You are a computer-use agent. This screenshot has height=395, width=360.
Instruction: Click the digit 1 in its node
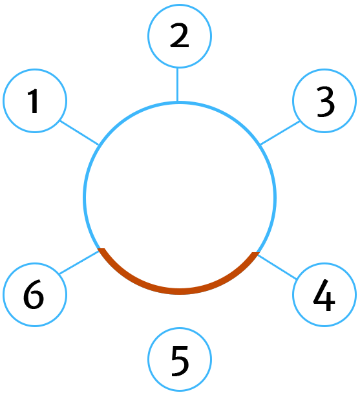coord(34,101)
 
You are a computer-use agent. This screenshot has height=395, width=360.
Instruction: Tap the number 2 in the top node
coord(180,36)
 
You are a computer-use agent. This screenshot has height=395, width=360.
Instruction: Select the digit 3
coord(326,101)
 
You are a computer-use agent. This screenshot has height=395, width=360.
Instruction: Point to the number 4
coord(324,295)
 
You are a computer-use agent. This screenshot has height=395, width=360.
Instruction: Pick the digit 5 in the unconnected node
coord(180,361)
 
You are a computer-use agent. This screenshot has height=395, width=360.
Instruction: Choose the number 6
coord(34,294)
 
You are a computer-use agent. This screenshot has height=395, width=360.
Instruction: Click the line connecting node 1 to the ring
coord(79,133)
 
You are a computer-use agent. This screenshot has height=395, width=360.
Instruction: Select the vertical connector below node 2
coord(178,85)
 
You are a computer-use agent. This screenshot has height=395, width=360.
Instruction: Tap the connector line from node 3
coord(280,133)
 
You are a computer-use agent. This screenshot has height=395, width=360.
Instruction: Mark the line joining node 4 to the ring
coord(277,267)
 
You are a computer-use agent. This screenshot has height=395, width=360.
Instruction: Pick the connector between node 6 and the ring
coord(79,262)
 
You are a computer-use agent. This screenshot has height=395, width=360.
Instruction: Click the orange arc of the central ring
coord(180,292)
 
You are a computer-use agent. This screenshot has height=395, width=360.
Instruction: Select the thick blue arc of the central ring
coord(180,103)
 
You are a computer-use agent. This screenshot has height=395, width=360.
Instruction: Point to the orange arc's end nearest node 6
coord(101,250)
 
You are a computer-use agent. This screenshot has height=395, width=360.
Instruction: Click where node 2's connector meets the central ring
coord(178,101)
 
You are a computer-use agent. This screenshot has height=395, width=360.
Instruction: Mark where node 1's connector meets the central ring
coord(98,145)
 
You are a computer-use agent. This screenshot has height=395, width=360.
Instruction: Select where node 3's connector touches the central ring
coord(260,145)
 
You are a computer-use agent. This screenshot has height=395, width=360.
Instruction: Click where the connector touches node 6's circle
coord(59,274)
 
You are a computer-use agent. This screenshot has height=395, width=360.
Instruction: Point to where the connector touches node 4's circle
coord(297,279)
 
